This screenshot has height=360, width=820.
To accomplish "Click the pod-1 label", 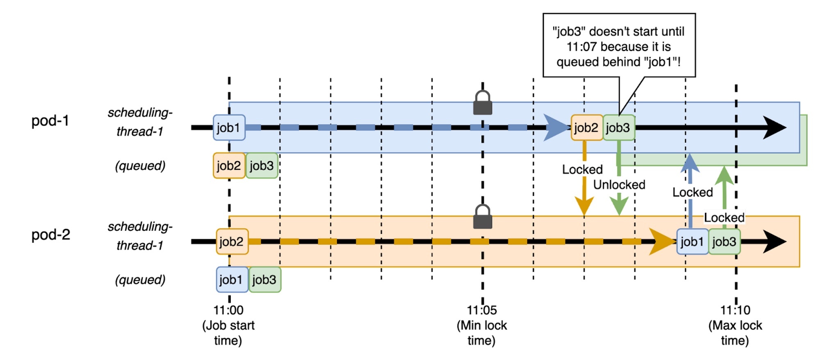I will [x=50, y=121].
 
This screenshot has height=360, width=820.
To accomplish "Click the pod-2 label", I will [x=51, y=235].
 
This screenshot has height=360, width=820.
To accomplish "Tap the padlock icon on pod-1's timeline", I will [x=483, y=103].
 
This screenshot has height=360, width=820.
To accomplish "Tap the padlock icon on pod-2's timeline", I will [x=483, y=217].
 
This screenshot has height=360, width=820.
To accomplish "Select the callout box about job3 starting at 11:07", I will [x=619, y=46].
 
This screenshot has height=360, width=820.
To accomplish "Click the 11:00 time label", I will [x=228, y=310].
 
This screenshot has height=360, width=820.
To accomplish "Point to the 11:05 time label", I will [x=482, y=310].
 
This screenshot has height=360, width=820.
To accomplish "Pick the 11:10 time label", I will [x=735, y=310].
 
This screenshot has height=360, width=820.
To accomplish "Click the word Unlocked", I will [x=619, y=185].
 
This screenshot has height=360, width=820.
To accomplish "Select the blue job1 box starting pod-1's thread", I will [x=229, y=128].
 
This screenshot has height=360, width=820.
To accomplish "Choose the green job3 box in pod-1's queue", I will [x=262, y=166].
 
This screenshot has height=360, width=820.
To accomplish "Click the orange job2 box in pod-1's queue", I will [x=229, y=166].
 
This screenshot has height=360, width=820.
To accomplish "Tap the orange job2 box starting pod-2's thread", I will [x=232, y=242].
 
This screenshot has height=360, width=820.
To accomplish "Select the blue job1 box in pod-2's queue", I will [x=232, y=280].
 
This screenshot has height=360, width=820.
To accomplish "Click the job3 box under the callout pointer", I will [x=618, y=128].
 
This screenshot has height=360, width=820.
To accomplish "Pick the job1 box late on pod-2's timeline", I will [x=692, y=242].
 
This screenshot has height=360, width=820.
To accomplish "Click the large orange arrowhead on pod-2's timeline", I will [x=662, y=242].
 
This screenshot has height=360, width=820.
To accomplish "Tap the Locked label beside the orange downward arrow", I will [x=582, y=169].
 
